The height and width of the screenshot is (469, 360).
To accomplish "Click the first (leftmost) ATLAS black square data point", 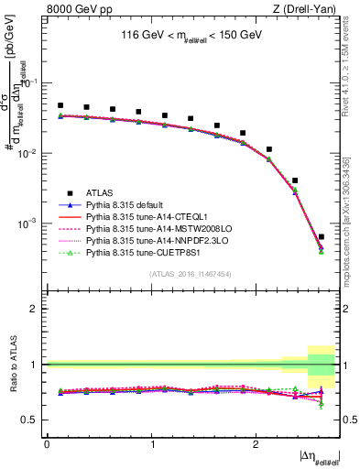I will point(60,105).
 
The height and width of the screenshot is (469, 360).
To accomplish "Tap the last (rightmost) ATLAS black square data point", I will point(321,237).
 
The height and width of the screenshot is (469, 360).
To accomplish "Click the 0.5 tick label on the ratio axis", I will point(31,420).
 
